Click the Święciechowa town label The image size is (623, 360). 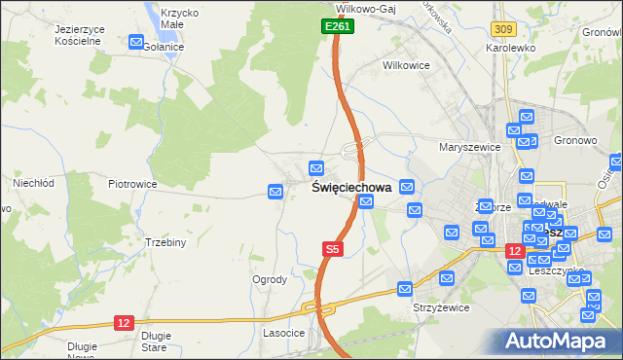pos(352,188)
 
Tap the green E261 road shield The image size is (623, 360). pos(337,26)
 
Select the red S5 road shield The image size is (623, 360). pos(333,250)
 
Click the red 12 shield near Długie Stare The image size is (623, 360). pos(123,322)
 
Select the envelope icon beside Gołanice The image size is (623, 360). pos(135,42)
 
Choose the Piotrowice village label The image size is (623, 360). pos(132,183)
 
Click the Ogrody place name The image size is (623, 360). pos(270,279)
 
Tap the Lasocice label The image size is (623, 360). pos(284,333)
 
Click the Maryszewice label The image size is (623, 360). pos(469,147)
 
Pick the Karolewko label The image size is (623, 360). pos(510,47)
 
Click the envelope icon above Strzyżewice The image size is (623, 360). pos(405,288)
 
